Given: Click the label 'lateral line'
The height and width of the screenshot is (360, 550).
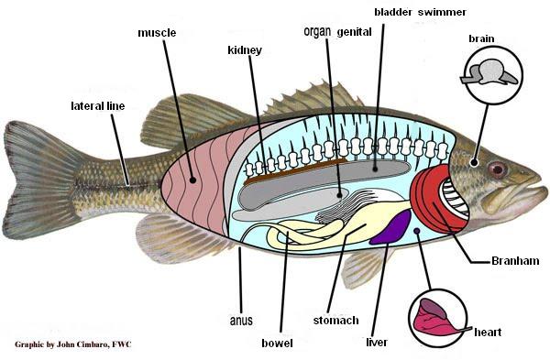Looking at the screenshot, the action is pyautogui.click(x=97, y=106).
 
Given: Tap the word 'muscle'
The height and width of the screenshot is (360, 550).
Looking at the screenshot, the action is pyautogui.click(x=157, y=33).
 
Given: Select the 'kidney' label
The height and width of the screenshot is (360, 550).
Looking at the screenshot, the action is pyautogui.click(x=245, y=49).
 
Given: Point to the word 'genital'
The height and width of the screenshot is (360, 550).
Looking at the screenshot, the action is pyautogui.click(x=354, y=31).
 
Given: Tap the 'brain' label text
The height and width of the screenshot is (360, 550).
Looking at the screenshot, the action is pyautogui.click(x=482, y=38).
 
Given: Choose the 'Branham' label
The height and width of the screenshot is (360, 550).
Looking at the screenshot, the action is pyautogui.click(x=508, y=261).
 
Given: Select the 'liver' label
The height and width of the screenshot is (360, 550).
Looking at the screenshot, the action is pyautogui.click(x=377, y=343).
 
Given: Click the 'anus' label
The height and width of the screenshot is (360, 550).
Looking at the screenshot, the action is pyautogui.click(x=240, y=321).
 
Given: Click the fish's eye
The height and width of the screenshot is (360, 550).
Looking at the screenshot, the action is pyautogui.click(x=497, y=169).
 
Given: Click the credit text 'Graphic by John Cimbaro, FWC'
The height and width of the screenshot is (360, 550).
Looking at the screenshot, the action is pyautogui.click(x=74, y=345).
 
